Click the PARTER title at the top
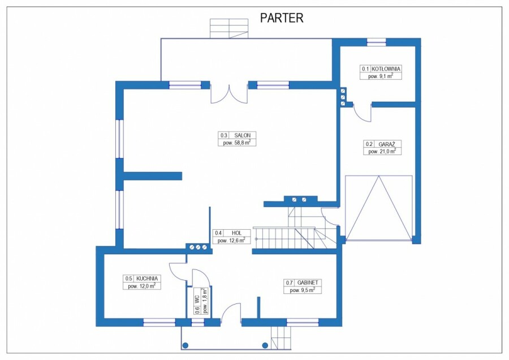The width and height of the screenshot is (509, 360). tap(282, 18)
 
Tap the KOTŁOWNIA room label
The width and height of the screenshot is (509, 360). tap(386, 69)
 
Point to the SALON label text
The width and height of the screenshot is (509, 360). tap(242, 135)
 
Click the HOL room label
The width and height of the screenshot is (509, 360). tap(236, 233)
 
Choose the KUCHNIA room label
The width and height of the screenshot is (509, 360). tap(147, 278)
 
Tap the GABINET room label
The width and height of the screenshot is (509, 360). tap(308, 282)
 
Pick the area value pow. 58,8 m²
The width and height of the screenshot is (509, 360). tap(237, 143)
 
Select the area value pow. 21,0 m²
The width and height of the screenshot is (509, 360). tap(382, 151)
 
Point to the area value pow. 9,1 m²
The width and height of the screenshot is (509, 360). tap(381, 76)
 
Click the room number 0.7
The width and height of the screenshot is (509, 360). tap(289, 282)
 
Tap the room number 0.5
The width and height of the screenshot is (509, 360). tap(128, 278)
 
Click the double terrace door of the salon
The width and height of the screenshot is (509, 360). tap(229, 94)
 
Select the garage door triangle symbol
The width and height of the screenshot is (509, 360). tap(379, 208)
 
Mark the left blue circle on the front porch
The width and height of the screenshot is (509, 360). tap(186, 345)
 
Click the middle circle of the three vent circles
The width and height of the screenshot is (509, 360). tap(198, 247)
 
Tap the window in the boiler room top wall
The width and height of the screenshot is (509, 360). tap(377, 42)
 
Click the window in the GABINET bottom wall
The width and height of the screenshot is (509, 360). tap(303, 322)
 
